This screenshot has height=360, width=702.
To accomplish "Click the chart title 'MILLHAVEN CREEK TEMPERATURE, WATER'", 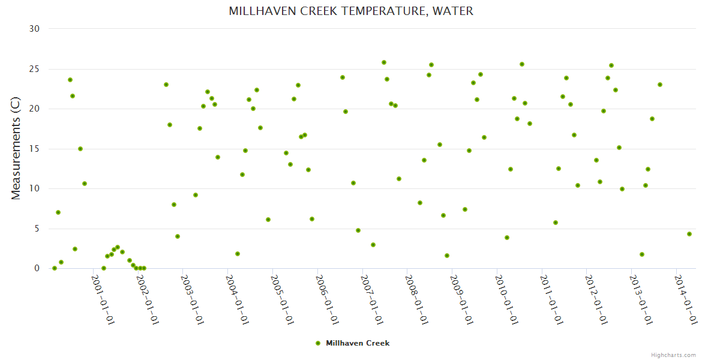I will click(351, 11).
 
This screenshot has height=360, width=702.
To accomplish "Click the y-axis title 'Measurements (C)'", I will click(16, 149).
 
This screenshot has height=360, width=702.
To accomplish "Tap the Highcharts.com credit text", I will click(674, 355).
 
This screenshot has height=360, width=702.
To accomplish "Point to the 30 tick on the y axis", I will click(34, 29).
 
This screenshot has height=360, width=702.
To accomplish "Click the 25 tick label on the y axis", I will click(34, 69).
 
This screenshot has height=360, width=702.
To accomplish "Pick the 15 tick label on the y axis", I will click(34, 149).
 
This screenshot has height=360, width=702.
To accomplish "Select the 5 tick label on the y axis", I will click(37, 229).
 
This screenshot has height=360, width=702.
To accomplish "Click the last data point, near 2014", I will click(689, 234).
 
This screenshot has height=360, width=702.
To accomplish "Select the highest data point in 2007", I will click(384, 62).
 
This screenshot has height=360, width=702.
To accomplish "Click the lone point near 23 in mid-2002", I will click(166, 85).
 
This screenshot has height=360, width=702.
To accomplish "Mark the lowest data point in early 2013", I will click(642, 254).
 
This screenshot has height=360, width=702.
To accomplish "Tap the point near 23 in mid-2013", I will click(660, 85).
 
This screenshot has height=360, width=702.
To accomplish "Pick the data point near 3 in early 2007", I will click(373, 245).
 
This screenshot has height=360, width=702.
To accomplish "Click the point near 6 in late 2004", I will click(268, 220).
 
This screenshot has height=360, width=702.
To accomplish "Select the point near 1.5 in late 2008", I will click(447, 256).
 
